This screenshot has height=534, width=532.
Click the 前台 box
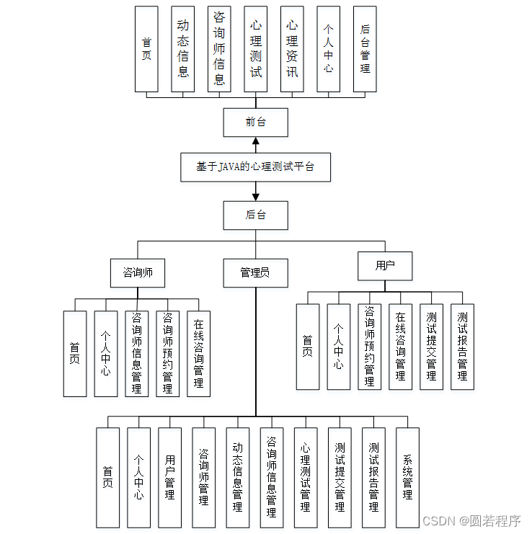click(255, 122)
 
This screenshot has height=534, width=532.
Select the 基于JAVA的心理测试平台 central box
click(255, 166)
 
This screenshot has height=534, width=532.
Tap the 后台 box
click(255, 215)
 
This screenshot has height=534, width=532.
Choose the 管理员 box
click(255, 272)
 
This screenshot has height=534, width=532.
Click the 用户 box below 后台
click(385, 265)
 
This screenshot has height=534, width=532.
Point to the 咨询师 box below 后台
click(138, 272)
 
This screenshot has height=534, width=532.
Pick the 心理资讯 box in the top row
click(292, 49)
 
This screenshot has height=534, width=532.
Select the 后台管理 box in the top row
click(365, 49)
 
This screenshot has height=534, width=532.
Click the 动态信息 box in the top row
click(183, 49)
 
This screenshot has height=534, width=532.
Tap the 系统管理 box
click(407, 477)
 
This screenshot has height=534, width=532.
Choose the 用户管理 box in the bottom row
click(169, 477)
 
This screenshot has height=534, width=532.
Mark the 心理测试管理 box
click(305, 477)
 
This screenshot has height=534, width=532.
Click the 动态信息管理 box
click(237, 477)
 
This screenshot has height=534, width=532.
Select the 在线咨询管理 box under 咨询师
click(198, 354)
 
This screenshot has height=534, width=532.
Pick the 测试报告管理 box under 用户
click(462, 347)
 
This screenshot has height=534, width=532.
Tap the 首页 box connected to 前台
click(146, 49)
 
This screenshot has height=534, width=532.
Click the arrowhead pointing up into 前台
click(255, 141)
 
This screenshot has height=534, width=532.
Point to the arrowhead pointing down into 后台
click(255, 195)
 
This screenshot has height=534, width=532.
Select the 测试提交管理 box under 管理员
click(340, 477)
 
